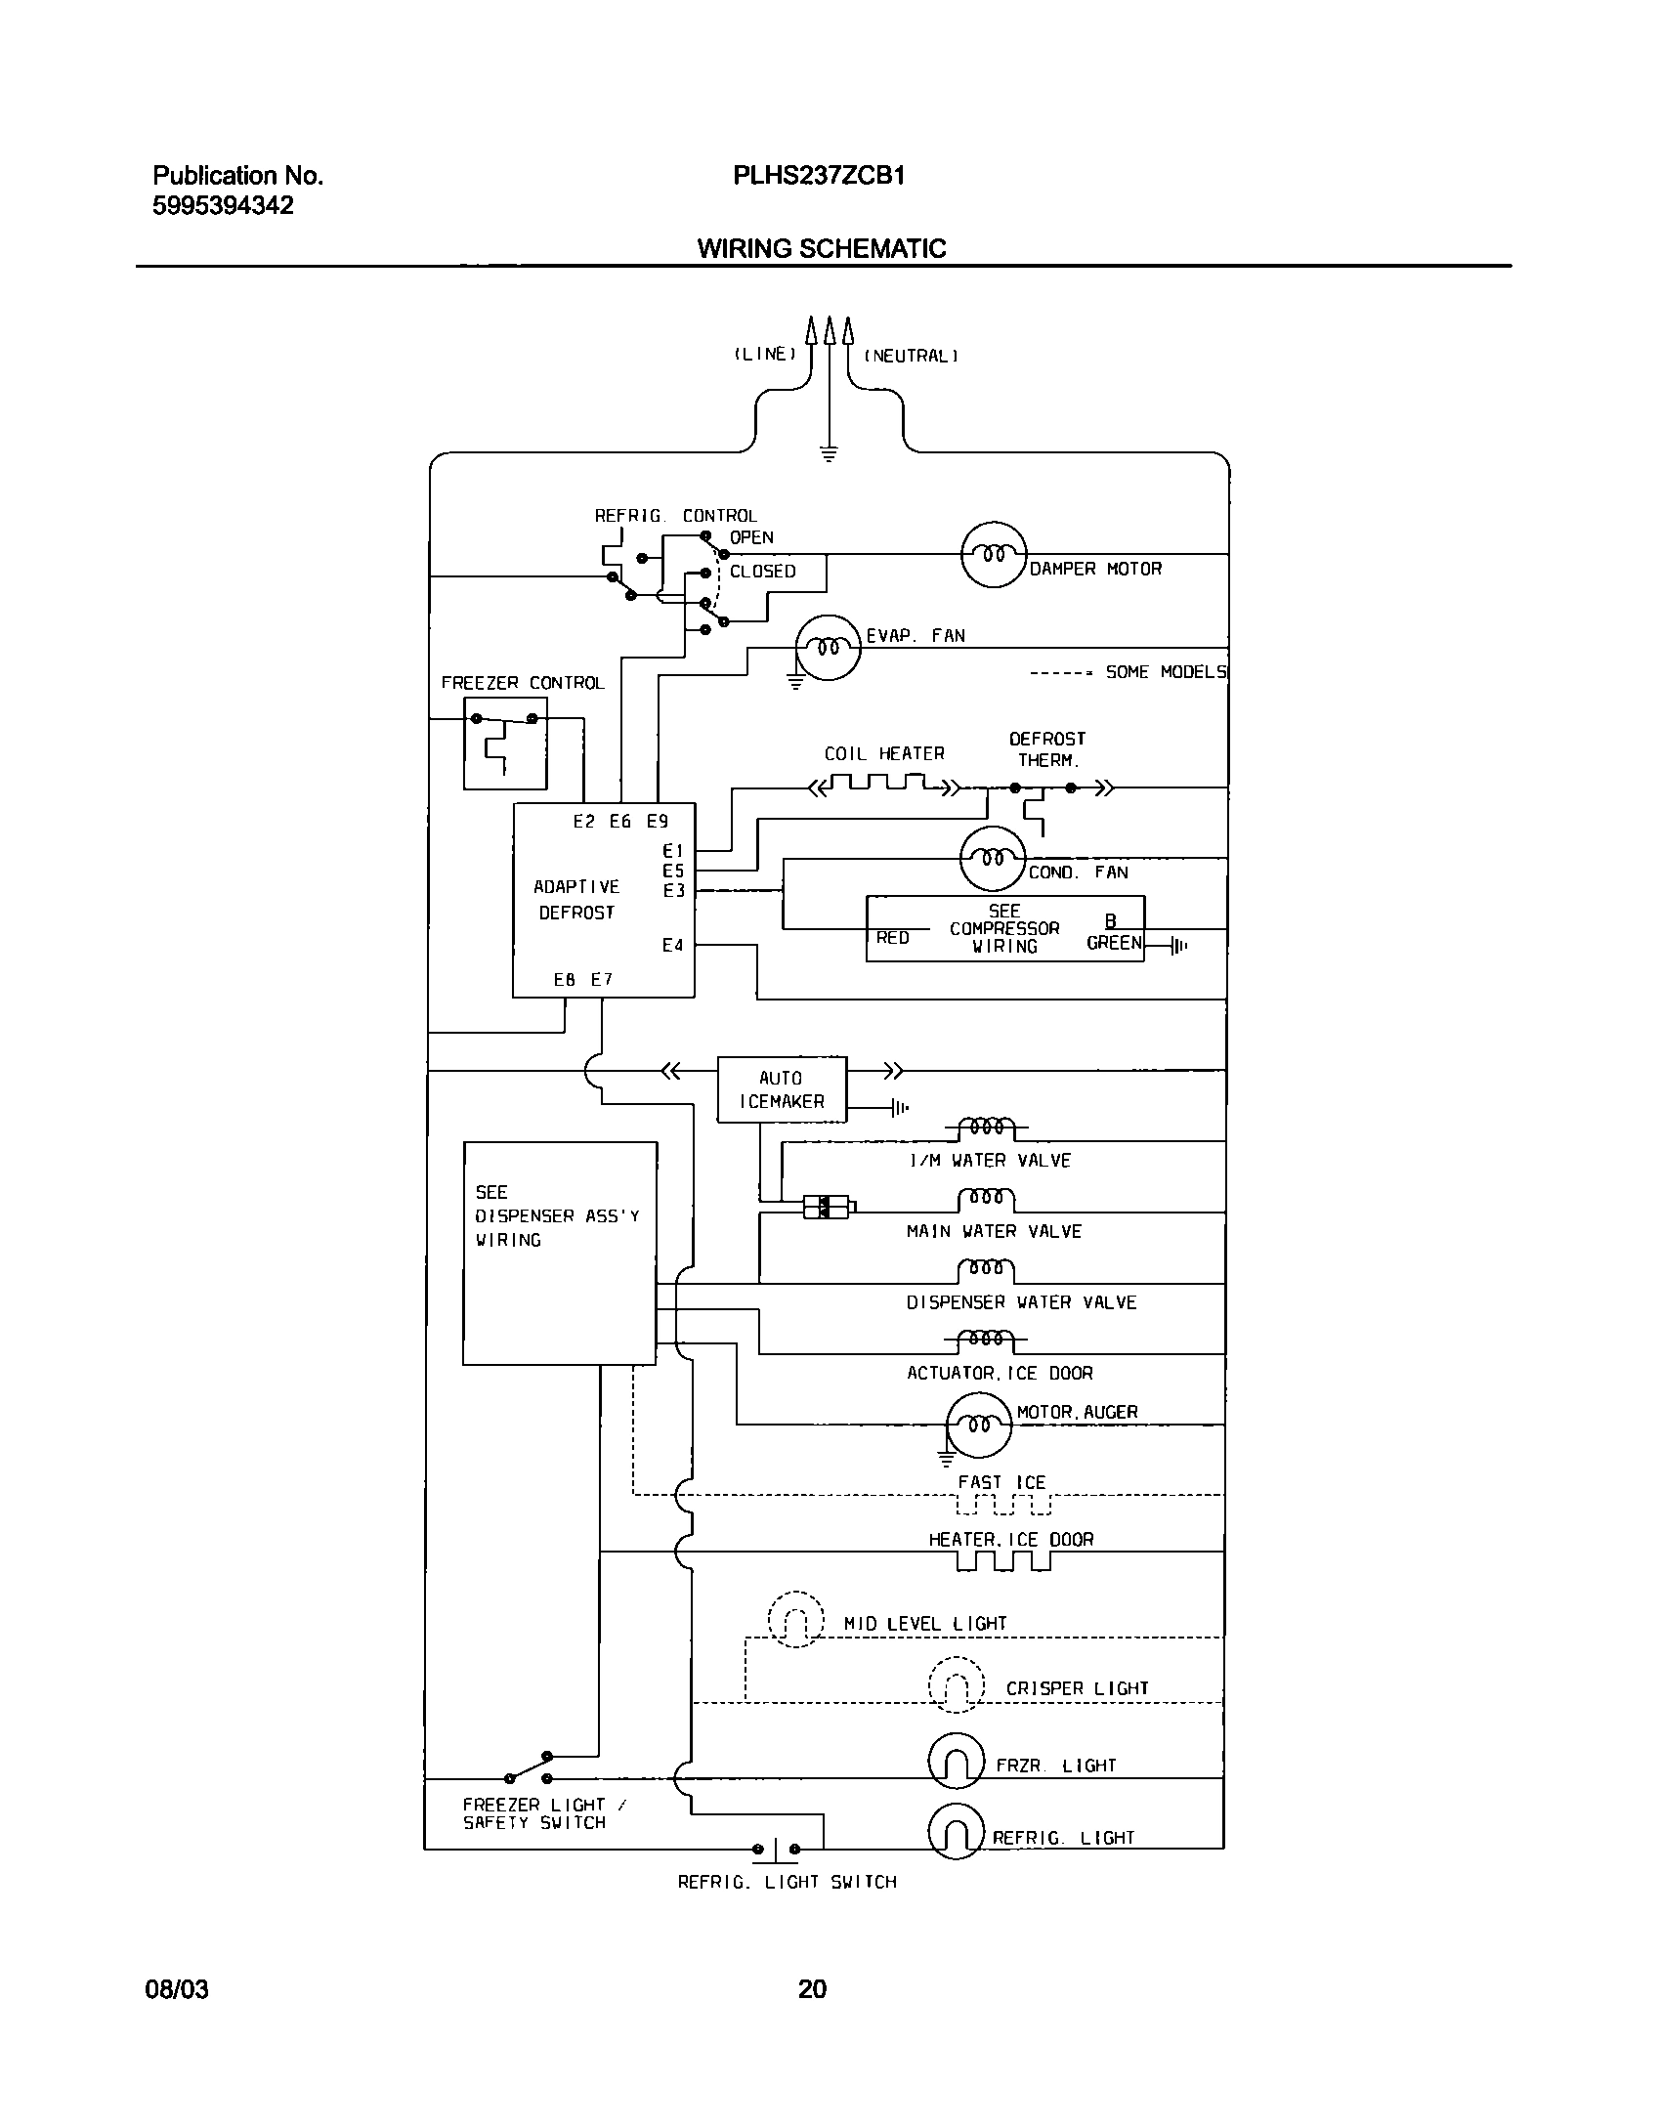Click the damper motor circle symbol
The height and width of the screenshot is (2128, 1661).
point(994,554)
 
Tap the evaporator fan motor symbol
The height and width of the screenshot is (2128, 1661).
point(828,647)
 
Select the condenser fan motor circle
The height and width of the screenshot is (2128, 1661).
point(993,859)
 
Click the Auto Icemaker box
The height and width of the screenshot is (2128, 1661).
point(782,1089)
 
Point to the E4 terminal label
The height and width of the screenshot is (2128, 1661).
point(672,945)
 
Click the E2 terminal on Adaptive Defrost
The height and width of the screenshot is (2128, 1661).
point(583,822)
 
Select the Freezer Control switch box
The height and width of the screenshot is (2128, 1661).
point(505,744)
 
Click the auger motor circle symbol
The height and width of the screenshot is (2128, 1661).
point(979,1425)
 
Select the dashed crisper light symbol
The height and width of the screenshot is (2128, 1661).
point(956,1684)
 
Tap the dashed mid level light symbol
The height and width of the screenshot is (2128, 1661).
point(795,1620)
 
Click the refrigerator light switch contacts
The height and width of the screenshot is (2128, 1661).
point(776,1849)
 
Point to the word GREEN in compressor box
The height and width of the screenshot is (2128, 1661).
point(1114,943)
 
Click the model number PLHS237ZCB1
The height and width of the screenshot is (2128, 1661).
point(819,176)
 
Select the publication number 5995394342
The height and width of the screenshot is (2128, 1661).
point(223,206)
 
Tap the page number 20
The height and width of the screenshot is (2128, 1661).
point(812,1988)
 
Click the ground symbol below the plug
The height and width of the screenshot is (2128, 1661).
point(829,452)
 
